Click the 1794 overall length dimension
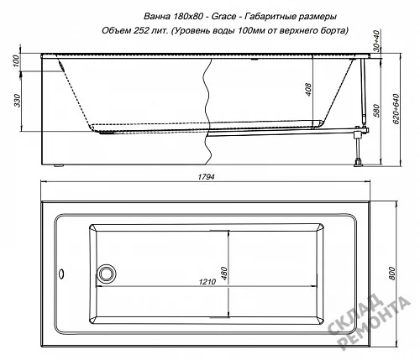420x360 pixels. pyautogui.click(x=206, y=177)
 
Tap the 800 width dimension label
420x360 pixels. pyautogui.click(x=391, y=274)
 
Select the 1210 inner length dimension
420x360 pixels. pyautogui.click(x=207, y=282)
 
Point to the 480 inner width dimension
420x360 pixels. pyautogui.click(x=224, y=274)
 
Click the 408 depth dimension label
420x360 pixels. pyautogui.click(x=308, y=90)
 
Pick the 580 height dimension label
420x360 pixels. pyautogui.click(x=377, y=111)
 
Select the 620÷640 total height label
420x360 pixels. pyautogui.click(x=396, y=108)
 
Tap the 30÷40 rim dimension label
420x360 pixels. pyautogui.click(x=377, y=41)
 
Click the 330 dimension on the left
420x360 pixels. pyautogui.click(x=18, y=101)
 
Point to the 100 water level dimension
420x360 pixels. pyautogui.click(x=16, y=61)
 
